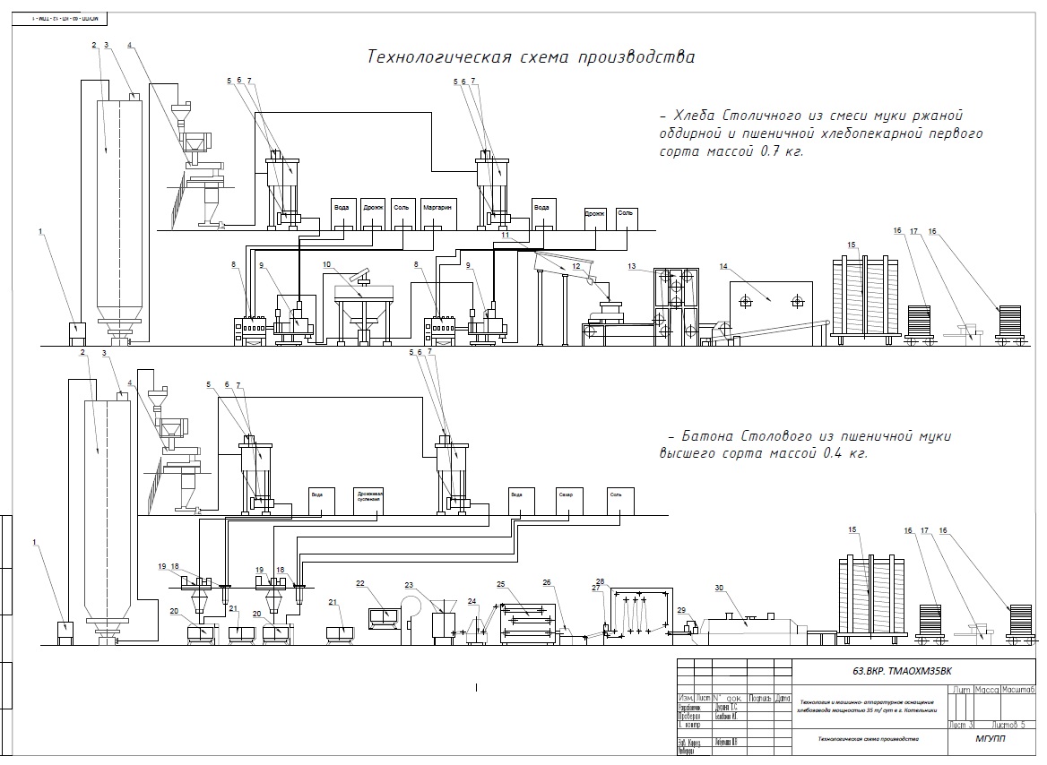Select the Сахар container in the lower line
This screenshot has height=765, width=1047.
(x=565, y=494)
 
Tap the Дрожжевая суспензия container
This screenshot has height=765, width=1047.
(x=368, y=497)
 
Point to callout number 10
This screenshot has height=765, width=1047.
(x=327, y=264)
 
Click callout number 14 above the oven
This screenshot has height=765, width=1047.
(x=723, y=266)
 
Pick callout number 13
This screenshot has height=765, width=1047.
(x=632, y=267)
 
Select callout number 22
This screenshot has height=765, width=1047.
(x=360, y=583)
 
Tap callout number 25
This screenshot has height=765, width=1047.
(x=502, y=583)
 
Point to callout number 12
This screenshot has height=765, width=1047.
(x=576, y=266)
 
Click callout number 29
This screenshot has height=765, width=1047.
(x=680, y=610)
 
